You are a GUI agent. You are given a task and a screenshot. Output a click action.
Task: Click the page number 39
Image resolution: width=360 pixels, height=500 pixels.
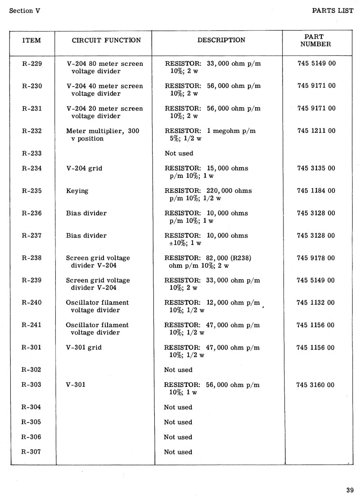[350, 491]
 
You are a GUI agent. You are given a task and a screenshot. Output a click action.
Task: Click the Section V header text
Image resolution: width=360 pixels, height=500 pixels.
[25, 11]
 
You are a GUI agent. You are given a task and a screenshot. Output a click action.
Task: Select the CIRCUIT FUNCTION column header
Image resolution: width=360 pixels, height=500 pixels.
[106, 40]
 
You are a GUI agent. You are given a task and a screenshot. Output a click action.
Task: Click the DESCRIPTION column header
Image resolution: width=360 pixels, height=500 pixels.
[221, 40]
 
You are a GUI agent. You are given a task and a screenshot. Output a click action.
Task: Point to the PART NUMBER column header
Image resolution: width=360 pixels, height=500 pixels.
[315, 40]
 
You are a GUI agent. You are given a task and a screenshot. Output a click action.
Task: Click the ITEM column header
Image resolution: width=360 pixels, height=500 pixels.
[31, 40]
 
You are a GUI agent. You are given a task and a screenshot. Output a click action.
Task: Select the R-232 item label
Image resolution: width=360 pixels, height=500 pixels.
[31, 131]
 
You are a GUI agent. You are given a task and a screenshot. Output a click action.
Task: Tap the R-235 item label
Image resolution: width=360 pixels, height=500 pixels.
[31, 191]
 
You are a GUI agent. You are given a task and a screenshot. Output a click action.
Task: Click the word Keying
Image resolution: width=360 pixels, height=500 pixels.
[77, 191]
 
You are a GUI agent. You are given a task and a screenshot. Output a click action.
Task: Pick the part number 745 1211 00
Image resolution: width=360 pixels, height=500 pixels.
[316, 131]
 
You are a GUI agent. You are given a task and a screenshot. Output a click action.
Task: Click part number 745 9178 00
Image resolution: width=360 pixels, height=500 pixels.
[316, 258]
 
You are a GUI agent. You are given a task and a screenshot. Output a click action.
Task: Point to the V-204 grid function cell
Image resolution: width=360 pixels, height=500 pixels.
[84, 168]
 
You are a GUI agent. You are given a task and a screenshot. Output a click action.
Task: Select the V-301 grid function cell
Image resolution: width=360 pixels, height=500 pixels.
[84, 348]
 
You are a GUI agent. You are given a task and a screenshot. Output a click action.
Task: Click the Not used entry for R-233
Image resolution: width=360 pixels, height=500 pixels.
[179, 154]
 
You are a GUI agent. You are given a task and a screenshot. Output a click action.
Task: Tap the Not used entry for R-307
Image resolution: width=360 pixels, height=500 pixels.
[178, 452]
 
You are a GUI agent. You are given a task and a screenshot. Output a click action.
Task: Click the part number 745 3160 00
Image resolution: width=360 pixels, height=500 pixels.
[316, 385]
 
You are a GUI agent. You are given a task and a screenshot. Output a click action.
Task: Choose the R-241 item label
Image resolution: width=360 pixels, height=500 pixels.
[31, 325]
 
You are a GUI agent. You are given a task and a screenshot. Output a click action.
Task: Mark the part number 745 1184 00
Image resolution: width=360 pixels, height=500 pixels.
[316, 191]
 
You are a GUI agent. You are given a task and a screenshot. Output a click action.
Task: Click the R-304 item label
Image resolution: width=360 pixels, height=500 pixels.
[31, 407]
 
